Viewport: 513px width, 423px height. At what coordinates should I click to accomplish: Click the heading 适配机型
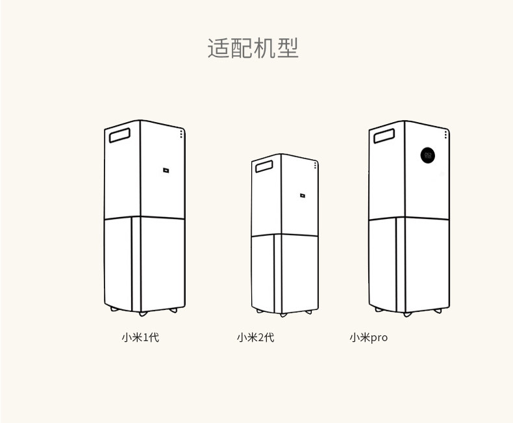tap(253, 49)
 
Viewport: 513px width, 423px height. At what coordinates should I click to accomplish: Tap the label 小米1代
tap(140, 338)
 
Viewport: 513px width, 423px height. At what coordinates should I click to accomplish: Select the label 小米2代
tap(255, 338)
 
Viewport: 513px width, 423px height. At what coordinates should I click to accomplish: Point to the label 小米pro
tap(368, 338)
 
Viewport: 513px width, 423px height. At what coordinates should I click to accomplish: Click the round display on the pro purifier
tap(427, 155)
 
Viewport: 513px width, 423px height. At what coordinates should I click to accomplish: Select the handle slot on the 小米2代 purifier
tap(264, 167)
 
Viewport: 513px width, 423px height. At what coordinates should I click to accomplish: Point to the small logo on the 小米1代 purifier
tap(166, 172)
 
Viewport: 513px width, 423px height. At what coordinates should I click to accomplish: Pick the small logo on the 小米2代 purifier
tap(302, 194)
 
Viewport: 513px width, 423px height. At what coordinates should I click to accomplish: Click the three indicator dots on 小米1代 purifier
tap(181, 133)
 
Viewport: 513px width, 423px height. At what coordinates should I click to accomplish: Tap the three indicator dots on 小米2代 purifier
tap(315, 165)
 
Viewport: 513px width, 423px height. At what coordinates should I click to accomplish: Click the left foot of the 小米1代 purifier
tap(115, 309)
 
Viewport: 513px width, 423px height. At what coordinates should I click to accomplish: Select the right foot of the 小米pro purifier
tap(440, 311)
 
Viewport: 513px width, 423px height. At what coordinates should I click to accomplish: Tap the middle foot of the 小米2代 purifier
tap(283, 314)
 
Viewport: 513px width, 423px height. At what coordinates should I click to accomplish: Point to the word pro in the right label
tap(379, 339)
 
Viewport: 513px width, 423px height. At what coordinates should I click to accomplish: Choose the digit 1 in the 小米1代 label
tap(145, 338)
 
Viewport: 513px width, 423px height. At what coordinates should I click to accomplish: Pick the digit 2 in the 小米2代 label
tap(260, 338)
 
